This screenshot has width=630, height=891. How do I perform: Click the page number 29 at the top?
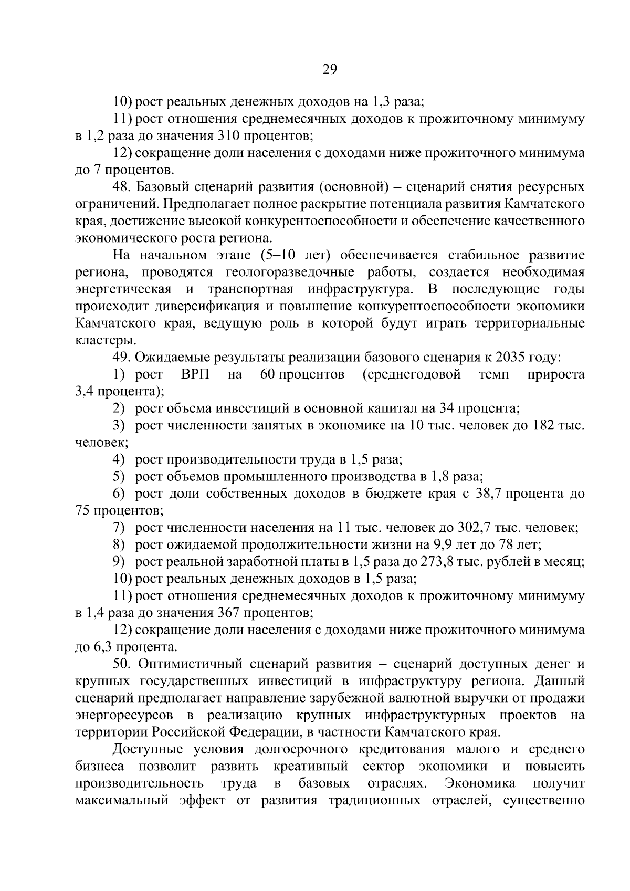(x=329, y=70)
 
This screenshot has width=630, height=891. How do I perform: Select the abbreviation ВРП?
(x=195, y=374)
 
